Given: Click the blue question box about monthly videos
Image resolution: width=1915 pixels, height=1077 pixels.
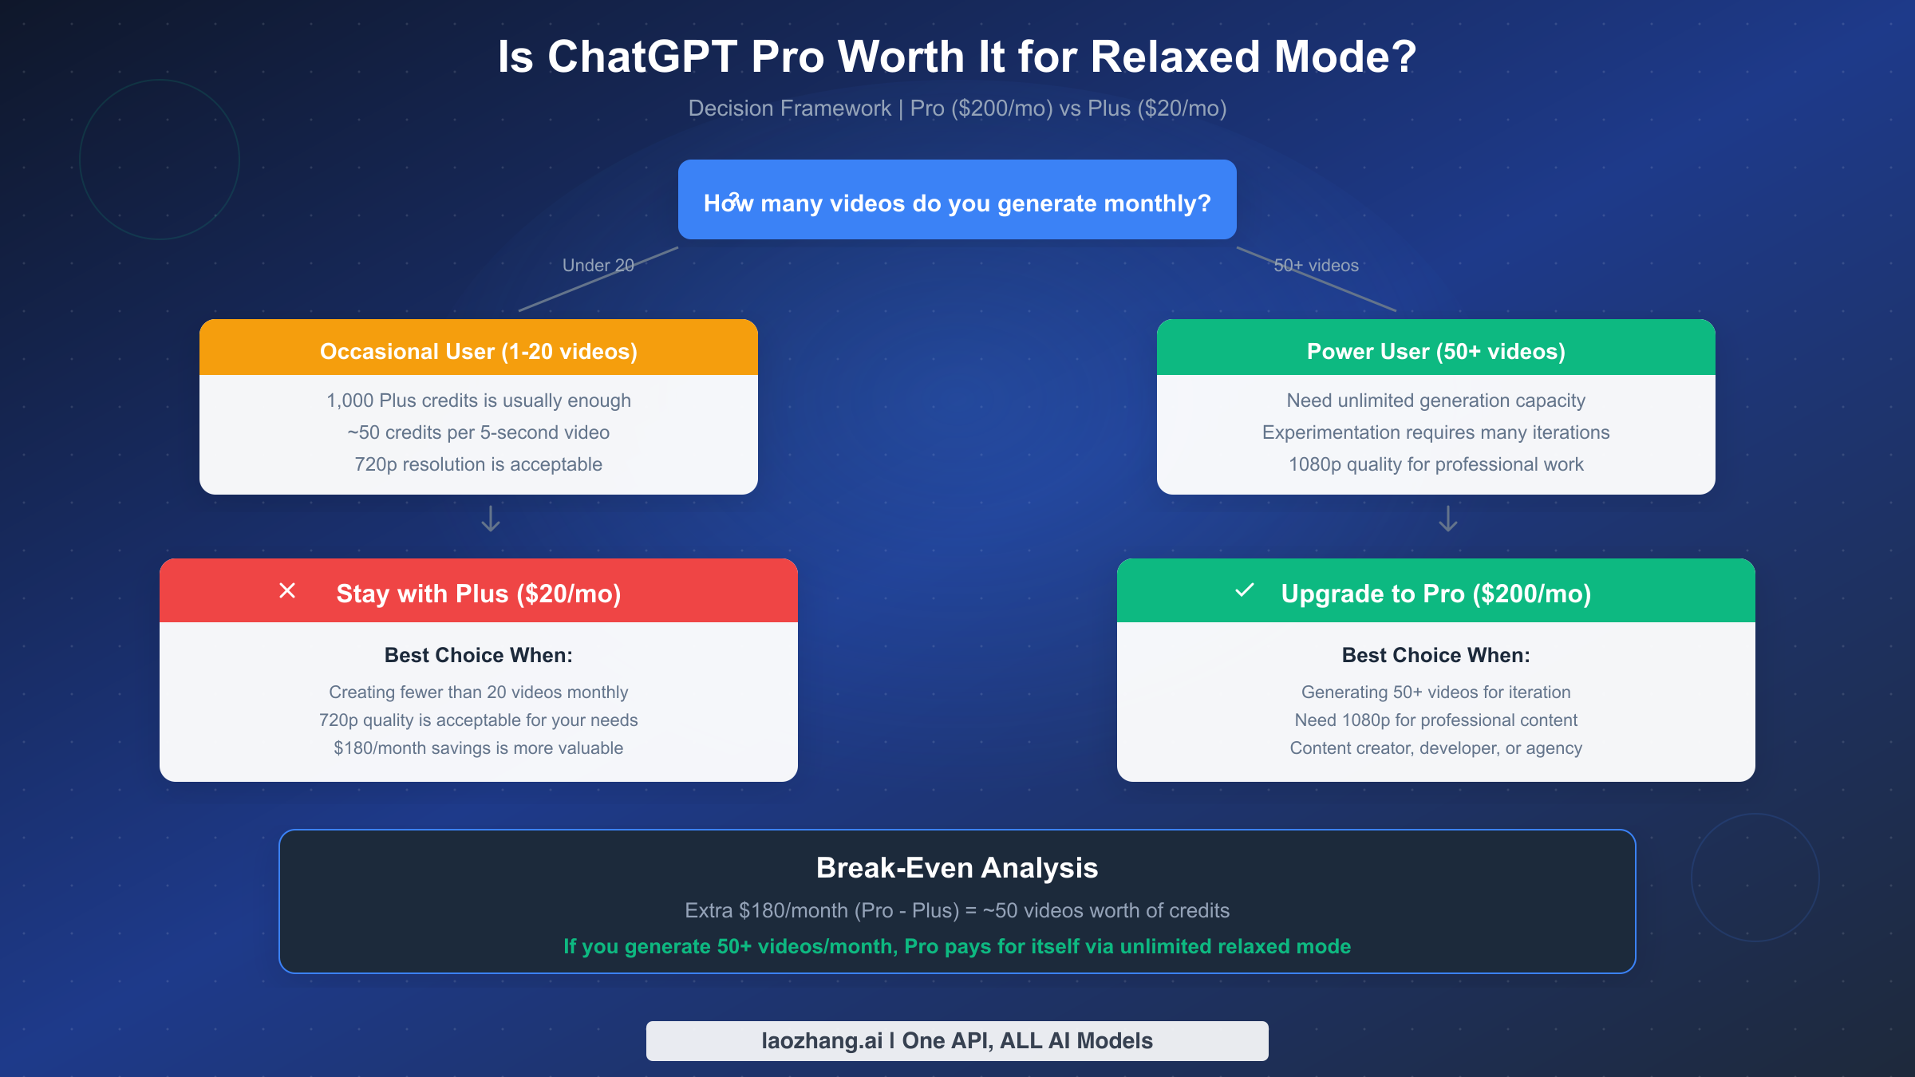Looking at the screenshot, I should tap(957, 200).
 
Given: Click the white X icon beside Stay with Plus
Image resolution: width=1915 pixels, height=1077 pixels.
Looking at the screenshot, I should tap(287, 590).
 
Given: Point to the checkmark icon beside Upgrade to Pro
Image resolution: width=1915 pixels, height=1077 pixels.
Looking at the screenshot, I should tap(1245, 590).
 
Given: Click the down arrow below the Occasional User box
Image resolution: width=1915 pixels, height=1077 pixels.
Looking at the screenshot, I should tap(491, 519).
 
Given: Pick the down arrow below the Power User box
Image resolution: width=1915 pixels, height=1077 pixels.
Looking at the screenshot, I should tap(1448, 519).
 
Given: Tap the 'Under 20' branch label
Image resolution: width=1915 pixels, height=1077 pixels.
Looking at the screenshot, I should tap(598, 265).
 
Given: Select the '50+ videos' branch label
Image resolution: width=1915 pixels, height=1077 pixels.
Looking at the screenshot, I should tap(1316, 265).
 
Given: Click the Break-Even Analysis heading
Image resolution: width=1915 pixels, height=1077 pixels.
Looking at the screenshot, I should tap(957, 867).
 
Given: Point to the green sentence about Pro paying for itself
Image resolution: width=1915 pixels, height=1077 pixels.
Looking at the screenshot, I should tap(957, 946).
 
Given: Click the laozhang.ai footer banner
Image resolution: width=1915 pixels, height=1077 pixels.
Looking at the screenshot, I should tap(957, 1040).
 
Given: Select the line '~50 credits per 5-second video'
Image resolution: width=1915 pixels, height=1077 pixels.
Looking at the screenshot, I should tap(478, 432).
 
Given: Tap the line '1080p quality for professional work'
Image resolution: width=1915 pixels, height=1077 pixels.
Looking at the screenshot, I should tap(1435, 464).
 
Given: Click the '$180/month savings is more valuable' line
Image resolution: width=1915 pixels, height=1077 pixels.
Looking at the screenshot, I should tap(478, 748).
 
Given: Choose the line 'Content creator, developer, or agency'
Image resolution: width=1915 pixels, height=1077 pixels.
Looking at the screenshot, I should tap(1435, 748).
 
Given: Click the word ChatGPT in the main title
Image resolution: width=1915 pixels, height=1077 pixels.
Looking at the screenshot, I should tap(642, 57).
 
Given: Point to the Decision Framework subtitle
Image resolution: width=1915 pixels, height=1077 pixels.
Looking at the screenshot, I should tap(957, 108).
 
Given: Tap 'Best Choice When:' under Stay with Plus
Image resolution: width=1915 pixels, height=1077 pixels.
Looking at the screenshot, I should tap(478, 655).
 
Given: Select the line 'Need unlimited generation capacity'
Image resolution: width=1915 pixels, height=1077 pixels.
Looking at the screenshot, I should tap(1435, 400).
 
